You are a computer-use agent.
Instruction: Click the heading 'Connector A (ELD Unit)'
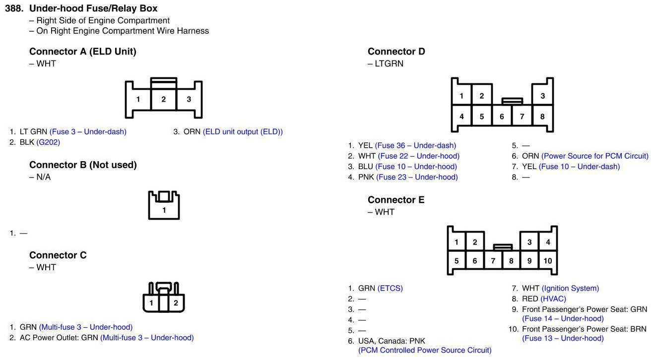tap(82, 52)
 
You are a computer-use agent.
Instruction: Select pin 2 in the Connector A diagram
tap(164, 99)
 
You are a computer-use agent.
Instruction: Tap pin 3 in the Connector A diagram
tap(189, 99)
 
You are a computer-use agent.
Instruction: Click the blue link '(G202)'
tap(48, 142)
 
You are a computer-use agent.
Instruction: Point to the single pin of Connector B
tap(164, 210)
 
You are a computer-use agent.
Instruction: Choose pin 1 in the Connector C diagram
tap(151, 303)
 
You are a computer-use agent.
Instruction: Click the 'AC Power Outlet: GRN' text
tap(59, 338)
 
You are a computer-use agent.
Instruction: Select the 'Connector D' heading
tap(396, 52)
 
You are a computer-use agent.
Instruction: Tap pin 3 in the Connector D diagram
tap(542, 96)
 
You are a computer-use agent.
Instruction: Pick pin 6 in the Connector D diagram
tap(502, 117)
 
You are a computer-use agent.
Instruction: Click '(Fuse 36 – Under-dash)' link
tap(415, 145)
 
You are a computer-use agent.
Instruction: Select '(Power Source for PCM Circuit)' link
tap(594, 156)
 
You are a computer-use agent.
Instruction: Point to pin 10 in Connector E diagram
tap(547, 261)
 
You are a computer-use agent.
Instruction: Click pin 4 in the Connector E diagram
tap(548, 242)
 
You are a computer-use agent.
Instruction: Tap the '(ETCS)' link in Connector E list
tap(390, 288)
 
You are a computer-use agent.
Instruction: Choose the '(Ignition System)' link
tap(570, 288)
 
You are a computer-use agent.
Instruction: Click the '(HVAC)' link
tap(553, 299)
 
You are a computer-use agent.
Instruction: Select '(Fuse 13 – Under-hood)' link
tap(563, 338)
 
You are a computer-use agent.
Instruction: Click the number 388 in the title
tap(14, 8)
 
